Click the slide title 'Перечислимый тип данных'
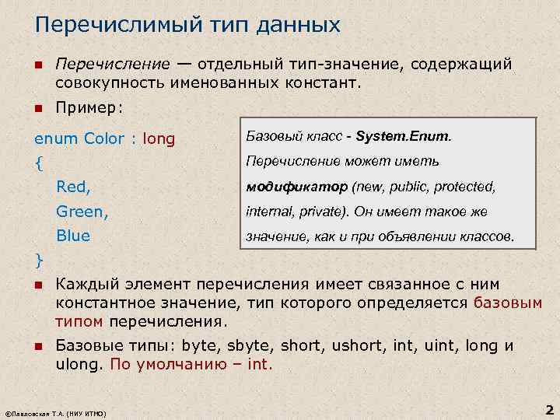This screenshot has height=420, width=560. [x=187, y=26]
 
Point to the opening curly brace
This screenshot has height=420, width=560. [x=39, y=164]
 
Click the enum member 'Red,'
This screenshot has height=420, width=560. [x=73, y=187]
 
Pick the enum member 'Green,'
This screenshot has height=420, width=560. [x=82, y=211]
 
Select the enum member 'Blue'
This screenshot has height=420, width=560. [x=73, y=235]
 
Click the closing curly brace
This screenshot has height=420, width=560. [x=39, y=259]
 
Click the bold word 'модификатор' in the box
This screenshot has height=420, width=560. [x=296, y=187]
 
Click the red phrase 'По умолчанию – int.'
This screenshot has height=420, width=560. [x=192, y=365]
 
